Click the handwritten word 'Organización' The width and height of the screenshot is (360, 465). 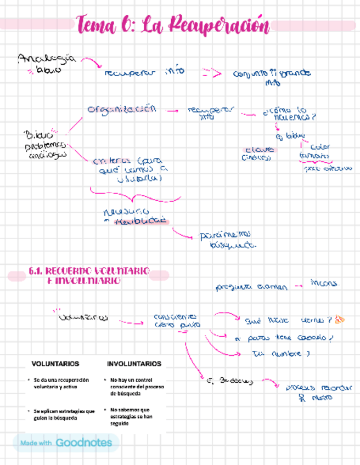click(x=121, y=109)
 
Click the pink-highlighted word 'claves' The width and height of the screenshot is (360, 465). click(x=260, y=149)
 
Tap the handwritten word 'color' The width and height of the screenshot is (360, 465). click(x=319, y=147)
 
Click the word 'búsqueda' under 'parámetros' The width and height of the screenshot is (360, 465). click(x=234, y=246)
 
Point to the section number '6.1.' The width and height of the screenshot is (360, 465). click(x=35, y=271)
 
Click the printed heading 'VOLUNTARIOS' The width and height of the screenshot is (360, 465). click(x=55, y=364)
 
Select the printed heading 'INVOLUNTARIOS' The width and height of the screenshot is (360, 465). click(x=134, y=364)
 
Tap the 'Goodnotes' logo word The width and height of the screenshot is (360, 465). click(x=84, y=443)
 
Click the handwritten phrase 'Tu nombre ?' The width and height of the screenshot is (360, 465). click(x=280, y=354)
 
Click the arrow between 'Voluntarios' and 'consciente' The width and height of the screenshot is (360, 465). click(x=131, y=322)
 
